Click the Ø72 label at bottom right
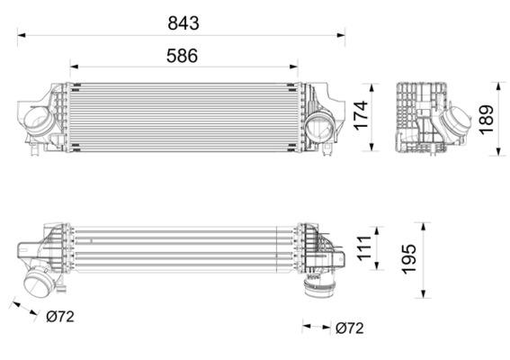[x=350, y=328]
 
